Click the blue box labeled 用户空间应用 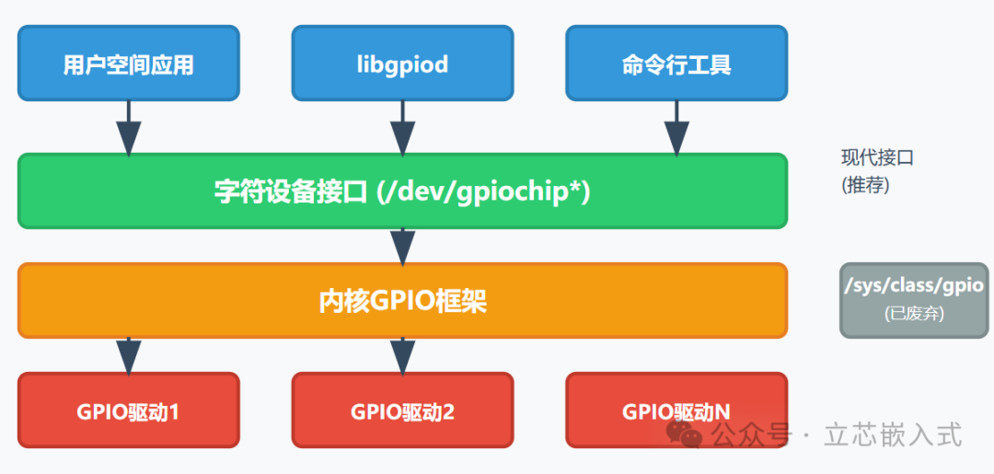point(128,64)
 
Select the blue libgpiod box point(402,64)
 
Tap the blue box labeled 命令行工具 point(676,64)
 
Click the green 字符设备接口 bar point(402,191)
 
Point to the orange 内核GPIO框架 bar point(402,301)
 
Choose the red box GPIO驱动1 point(128,410)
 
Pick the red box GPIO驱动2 point(402,410)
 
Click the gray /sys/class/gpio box point(913,299)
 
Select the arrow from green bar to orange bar point(402,246)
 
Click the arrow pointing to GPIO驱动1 point(128,355)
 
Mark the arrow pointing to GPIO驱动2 point(402,355)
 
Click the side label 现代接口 point(877,157)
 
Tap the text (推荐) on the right point(865,184)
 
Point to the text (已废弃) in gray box point(913,313)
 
